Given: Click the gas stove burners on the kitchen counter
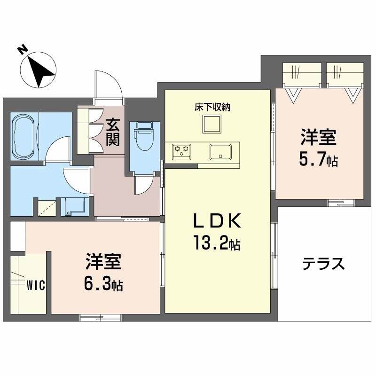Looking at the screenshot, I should tap(182, 151).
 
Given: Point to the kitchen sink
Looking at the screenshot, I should tap(219, 151).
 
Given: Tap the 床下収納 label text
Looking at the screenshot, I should tap(212, 107).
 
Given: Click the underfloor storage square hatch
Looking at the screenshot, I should tap(212, 125).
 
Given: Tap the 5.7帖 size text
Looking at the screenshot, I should tap(319, 161).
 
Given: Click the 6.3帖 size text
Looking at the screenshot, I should tap(104, 284).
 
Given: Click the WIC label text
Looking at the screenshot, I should tap(36, 285).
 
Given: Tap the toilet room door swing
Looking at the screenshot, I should tap(142, 184).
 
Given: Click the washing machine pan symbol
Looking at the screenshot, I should tap(74, 205).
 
